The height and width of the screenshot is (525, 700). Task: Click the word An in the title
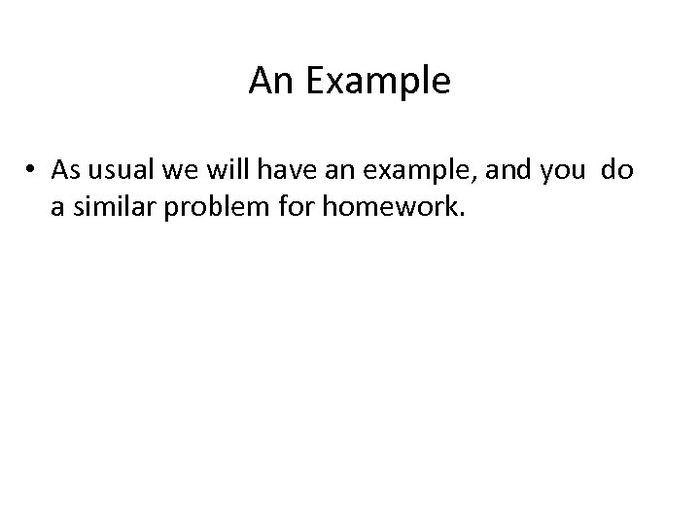267,82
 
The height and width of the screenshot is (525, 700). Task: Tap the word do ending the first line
616,171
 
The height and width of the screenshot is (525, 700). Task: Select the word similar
112,208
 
